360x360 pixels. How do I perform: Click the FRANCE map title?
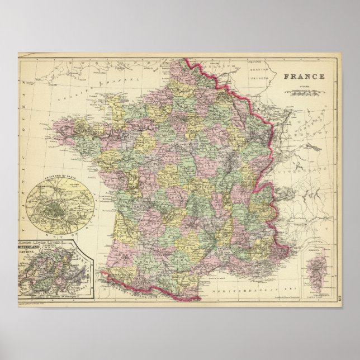coord(303,78)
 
